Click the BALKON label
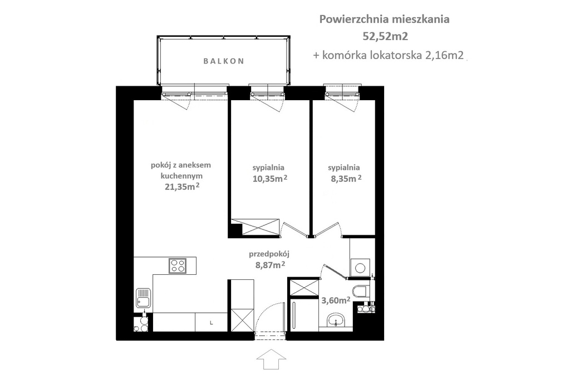(x=223, y=61)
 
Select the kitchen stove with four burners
(x=178, y=265)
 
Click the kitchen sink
(x=142, y=298)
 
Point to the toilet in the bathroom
(x=361, y=290)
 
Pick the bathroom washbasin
(x=336, y=319)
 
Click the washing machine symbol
(x=360, y=268)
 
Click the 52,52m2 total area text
(x=384, y=37)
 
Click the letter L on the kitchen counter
(x=211, y=322)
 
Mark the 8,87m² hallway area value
(x=270, y=265)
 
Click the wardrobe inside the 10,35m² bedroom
(x=255, y=226)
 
